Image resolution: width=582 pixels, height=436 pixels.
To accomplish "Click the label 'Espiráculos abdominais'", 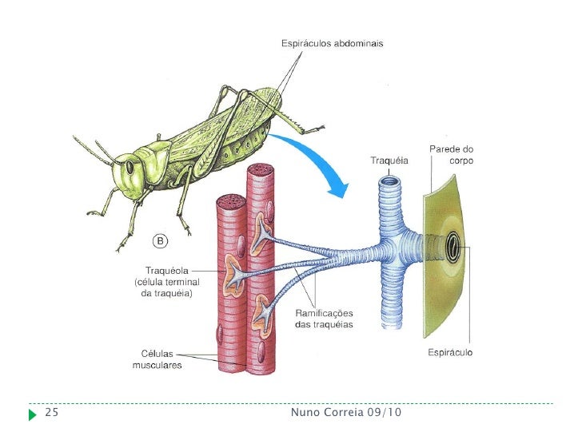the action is (x=332, y=43).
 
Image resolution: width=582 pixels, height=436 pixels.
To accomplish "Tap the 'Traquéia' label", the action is (x=389, y=161).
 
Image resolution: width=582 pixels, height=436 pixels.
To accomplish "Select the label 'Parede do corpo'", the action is (x=452, y=155).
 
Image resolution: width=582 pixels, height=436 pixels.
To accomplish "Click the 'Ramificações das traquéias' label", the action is (x=324, y=319).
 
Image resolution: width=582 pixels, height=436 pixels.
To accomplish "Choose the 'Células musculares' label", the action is (x=157, y=360).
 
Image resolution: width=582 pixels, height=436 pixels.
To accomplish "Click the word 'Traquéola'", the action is (x=165, y=270).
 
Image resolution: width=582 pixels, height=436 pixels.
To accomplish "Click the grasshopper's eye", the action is (x=128, y=168).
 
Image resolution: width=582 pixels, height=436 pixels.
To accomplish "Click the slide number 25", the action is (x=52, y=413).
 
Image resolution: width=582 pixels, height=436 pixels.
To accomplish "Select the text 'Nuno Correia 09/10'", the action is (x=346, y=413).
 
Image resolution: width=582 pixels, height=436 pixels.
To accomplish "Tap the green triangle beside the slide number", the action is (x=32, y=414).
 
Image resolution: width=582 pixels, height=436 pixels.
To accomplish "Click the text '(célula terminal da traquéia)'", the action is (x=166, y=287).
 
